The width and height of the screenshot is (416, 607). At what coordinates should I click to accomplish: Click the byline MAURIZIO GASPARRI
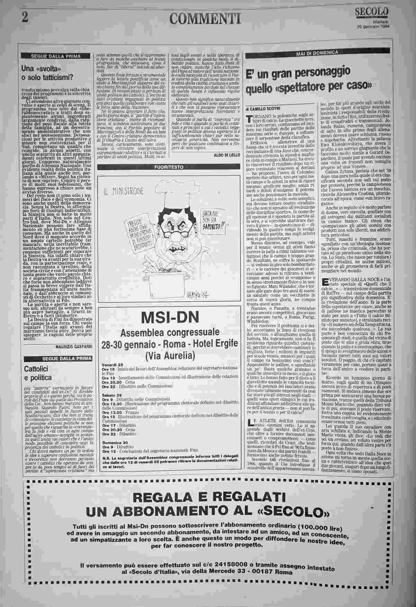(x=74, y=346)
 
